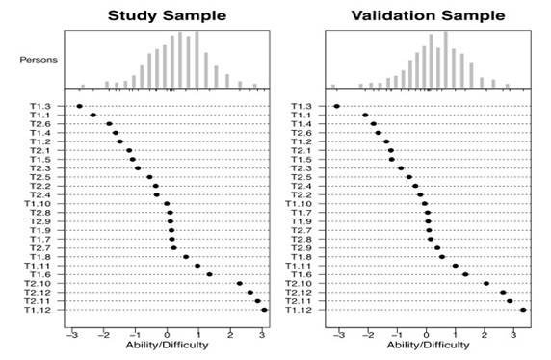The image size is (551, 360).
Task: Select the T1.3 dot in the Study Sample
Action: pos(79,106)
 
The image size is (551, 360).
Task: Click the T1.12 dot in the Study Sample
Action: pos(264,310)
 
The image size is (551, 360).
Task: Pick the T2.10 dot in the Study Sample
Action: pos(239,283)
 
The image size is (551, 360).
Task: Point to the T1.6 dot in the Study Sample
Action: pos(209,274)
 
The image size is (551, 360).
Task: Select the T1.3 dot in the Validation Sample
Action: pos(337,106)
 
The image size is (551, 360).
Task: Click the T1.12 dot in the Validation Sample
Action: pos(523,310)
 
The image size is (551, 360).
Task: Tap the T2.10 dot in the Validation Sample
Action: pos(486,283)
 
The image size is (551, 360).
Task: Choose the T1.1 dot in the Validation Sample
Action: pos(366,116)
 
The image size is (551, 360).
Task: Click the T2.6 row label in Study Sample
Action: pos(39,124)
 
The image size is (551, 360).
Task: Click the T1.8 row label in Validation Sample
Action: pos(302,257)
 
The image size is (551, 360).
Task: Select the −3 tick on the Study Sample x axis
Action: pos(70,325)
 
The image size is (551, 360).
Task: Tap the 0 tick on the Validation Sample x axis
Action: pos(427,325)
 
